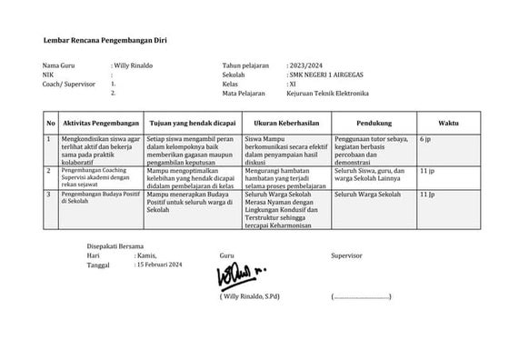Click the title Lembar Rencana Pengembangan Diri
tap(105, 42)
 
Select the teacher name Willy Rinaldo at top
tap(133, 67)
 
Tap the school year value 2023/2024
tap(305, 67)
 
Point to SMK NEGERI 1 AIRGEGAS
tap(327, 76)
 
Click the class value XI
tap(293, 85)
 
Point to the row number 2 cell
tap(48, 170)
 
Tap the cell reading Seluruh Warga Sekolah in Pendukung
tap(366, 195)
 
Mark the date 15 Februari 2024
tap(160, 265)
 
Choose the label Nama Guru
tap(58, 67)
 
